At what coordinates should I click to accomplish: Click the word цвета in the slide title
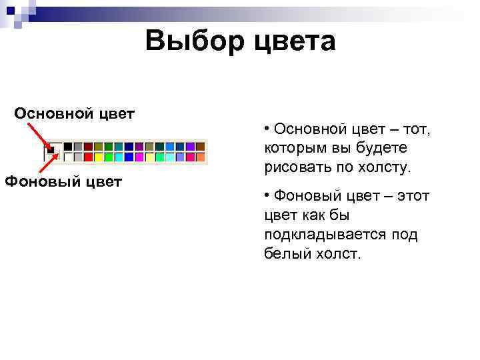point(294,42)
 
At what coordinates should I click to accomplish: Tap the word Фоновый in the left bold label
point(40,181)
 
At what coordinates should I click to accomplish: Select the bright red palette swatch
point(88,157)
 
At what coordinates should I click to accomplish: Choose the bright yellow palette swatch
point(99,157)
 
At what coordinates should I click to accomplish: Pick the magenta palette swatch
point(139,157)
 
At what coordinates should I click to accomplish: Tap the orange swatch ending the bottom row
point(200,157)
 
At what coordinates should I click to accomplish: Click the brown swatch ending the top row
point(200,146)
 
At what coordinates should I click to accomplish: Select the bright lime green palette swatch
point(109,157)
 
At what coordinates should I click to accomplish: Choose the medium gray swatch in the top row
point(78,146)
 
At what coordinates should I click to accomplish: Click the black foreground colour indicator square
point(51,149)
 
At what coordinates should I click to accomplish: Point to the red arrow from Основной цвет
point(37,133)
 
